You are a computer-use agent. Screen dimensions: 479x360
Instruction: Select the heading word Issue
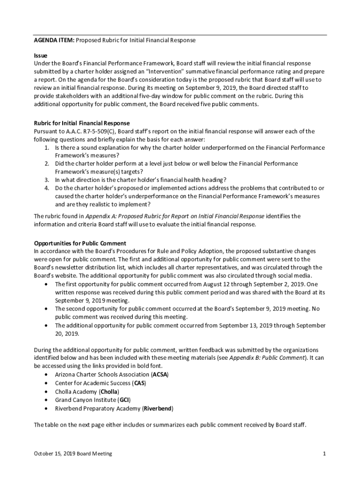(41, 56)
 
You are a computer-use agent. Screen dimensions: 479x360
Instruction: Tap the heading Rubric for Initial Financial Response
(82, 123)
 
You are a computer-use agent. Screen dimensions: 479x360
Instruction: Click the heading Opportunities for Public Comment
(80, 243)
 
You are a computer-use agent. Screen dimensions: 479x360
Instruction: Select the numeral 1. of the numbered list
(47, 148)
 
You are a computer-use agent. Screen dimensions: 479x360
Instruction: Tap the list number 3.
(47, 180)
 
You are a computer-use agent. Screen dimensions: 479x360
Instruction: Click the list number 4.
(47, 188)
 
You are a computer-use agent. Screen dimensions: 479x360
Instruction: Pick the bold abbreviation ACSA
(160, 375)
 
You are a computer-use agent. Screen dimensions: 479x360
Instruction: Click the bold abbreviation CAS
(139, 384)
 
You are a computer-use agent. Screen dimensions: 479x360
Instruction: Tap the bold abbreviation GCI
(124, 400)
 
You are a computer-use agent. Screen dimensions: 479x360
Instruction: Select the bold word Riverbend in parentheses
(158, 408)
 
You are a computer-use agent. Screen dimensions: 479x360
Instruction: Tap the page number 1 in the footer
(324, 454)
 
